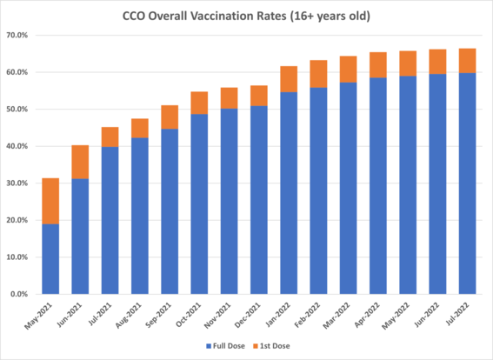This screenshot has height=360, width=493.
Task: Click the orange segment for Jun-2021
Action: [81, 162]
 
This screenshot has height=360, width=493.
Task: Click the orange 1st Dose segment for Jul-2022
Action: [467, 61]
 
